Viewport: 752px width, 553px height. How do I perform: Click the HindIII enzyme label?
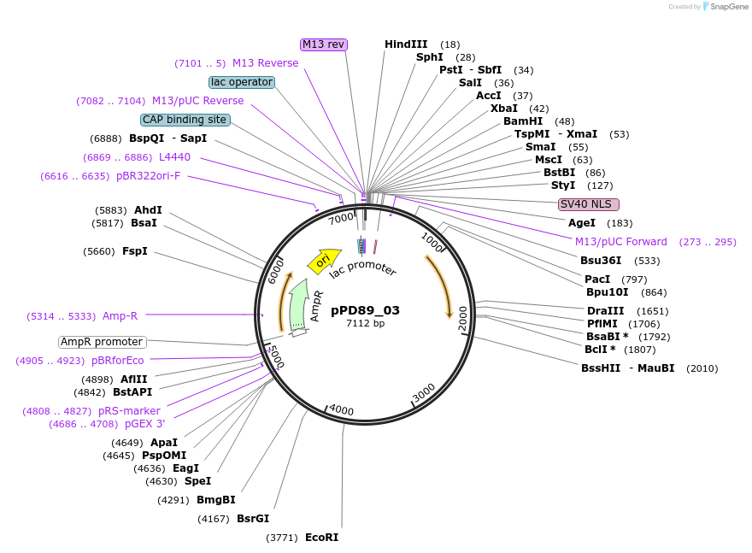tap(405, 44)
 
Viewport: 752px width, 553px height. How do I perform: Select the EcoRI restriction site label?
tap(321, 538)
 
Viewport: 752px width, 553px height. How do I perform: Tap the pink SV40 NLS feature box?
tap(589, 204)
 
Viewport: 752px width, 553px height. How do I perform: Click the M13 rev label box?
tap(324, 44)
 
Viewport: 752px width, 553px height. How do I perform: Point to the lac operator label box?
tap(242, 82)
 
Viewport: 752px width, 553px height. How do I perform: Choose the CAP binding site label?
tap(185, 120)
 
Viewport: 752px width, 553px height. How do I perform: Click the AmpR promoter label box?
tap(102, 342)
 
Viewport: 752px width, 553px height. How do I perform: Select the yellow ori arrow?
tap(322, 261)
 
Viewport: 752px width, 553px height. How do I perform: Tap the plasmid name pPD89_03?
tap(365, 310)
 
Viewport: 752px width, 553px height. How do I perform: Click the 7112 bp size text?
tap(365, 324)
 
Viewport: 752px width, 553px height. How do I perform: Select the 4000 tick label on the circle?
tap(341, 410)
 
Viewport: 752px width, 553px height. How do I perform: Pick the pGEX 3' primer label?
tap(144, 424)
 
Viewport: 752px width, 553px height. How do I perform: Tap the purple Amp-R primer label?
tap(120, 316)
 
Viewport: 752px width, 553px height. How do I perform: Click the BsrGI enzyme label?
tap(252, 519)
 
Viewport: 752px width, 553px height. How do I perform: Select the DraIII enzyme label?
tap(605, 311)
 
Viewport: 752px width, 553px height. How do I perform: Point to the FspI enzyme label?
tap(134, 251)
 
